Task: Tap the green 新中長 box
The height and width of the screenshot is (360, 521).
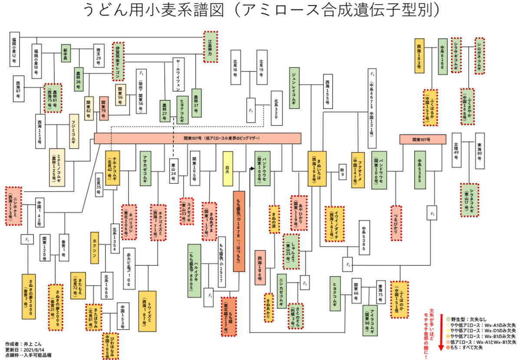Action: (66, 53)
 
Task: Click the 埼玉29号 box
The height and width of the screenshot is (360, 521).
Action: (98, 57)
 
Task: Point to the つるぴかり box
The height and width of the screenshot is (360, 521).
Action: (396, 222)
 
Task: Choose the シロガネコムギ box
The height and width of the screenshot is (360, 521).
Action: (479, 55)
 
